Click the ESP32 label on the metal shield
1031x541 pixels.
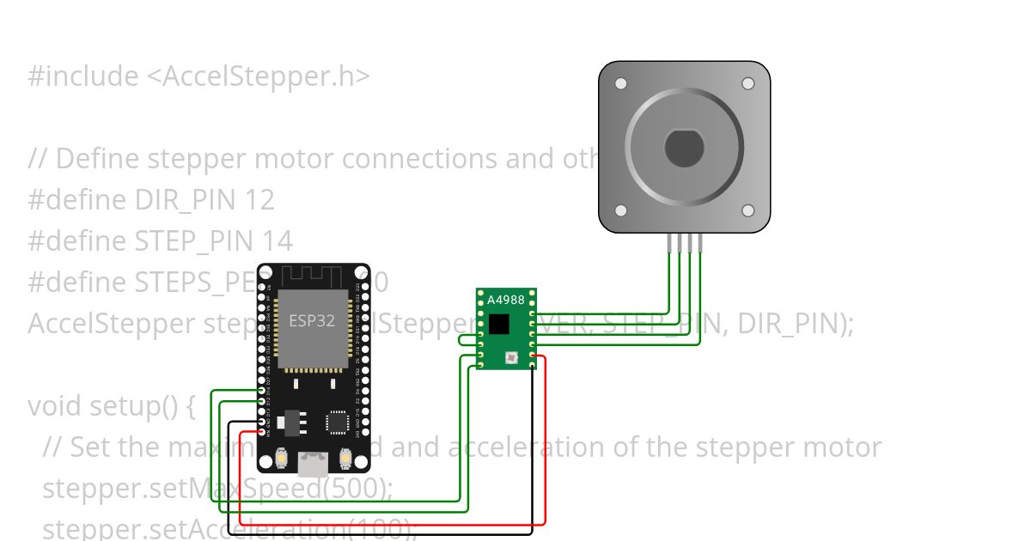(x=313, y=321)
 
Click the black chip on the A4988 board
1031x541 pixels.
(x=498, y=324)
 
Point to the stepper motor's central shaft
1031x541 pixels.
(x=684, y=148)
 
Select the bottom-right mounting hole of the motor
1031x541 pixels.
(x=747, y=210)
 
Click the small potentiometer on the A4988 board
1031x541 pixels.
(x=512, y=357)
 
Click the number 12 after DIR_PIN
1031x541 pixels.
(x=259, y=200)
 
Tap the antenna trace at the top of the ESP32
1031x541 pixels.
(x=313, y=277)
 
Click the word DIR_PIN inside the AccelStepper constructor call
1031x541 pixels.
(x=788, y=324)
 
